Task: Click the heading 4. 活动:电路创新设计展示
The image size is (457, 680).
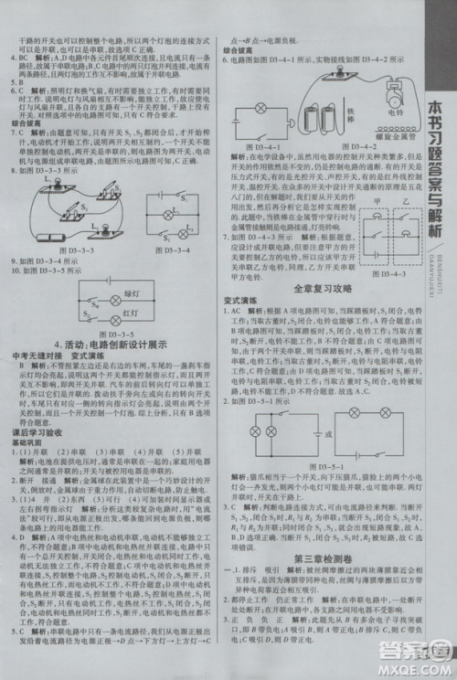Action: [111, 345]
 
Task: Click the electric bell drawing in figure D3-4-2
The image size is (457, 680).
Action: [397, 95]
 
